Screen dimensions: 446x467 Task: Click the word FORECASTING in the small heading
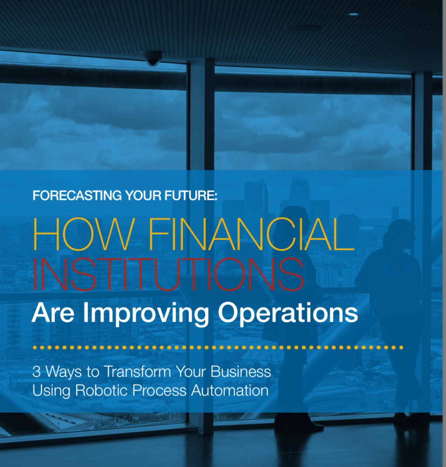[x=77, y=196]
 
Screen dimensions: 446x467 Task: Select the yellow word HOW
[x=82, y=234]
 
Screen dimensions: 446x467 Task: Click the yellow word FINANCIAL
[x=251, y=234]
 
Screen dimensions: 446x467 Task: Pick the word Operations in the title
[x=288, y=313]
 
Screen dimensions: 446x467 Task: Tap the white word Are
[x=53, y=313]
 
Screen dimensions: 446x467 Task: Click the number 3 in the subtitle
[x=36, y=372]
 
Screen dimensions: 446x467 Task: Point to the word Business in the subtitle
[x=241, y=372]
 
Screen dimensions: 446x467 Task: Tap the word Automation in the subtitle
[x=230, y=390]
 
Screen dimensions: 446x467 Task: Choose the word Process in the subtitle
[x=159, y=390]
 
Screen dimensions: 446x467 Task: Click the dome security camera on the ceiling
[x=153, y=58]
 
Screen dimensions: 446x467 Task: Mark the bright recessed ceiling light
[x=353, y=14]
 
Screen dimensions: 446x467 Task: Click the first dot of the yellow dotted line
[x=35, y=347]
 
